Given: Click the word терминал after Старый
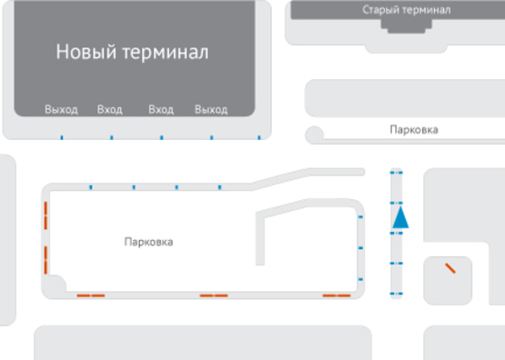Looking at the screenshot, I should (x=428, y=10).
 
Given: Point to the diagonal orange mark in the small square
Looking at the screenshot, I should (x=449, y=268).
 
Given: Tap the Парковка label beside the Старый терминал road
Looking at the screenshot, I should (x=413, y=130).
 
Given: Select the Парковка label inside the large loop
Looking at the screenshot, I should (x=148, y=243).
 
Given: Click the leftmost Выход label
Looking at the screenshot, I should (x=62, y=110).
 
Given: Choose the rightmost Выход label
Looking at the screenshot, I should (x=211, y=110).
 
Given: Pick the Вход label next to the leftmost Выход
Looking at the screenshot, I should (x=110, y=110).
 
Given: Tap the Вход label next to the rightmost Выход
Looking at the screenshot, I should (x=161, y=110).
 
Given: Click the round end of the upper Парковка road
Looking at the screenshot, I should (x=315, y=135).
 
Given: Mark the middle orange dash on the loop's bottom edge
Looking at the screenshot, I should (x=214, y=295).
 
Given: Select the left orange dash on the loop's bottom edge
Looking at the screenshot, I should (x=91, y=295).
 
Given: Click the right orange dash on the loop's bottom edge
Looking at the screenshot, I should (x=337, y=295).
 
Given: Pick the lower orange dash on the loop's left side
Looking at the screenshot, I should (x=45, y=258).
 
